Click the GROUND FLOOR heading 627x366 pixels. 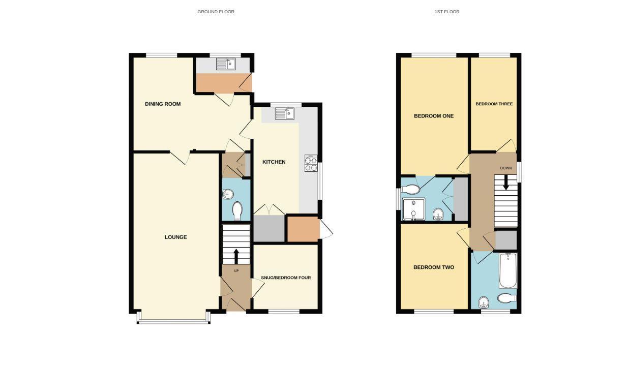pyautogui.click(x=216, y=12)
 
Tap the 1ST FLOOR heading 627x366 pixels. pyautogui.click(x=447, y=12)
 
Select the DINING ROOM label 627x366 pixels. pyautogui.click(x=163, y=104)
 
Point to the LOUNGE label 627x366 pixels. pyautogui.click(x=175, y=237)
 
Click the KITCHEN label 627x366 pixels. pyautogui.click(x=274, y=162)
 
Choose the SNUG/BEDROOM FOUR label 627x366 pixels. pyautogui.click(x=285, y=278)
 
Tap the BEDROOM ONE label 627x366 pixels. pyautogui.click(x=433, y=116)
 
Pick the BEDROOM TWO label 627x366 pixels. pyautogui.click(x=433, y=267)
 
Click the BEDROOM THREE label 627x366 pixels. pyautogui.click(x=494, y=104)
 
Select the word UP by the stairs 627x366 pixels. pyautogui.click(x=236, y=271)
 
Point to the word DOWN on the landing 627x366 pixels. pyautogui.click(x=505, y=168)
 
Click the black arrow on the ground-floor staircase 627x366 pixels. pyautogui.click(x=236, y=254)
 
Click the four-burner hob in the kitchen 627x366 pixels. pyautogui.click(x=311, y=162)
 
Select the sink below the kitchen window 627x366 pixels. pyautogui.click(x=285, y=114)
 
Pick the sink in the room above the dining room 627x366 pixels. pyautogui.click(x=225, y=64)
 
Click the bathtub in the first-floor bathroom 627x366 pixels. pyautogui.click(x=507, y=270)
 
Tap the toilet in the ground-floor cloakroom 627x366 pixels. pyautogui.click(x=237, y=210)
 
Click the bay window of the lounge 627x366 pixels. pyautogui.click(x=173, y=320)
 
